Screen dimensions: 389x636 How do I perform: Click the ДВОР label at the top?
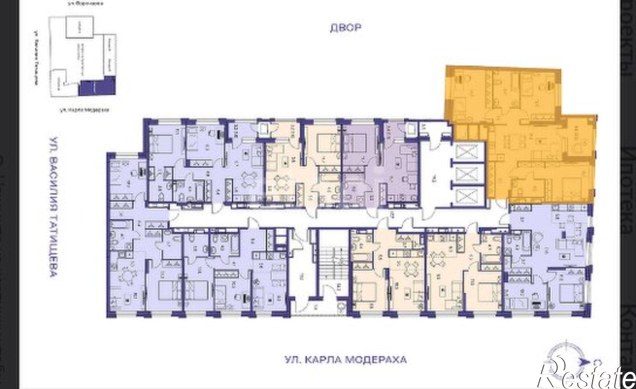[x=345, y=28]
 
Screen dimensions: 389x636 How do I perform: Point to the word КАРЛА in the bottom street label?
[x=323, y=360]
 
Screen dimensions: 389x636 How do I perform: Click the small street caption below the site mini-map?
[x=84, y=110]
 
